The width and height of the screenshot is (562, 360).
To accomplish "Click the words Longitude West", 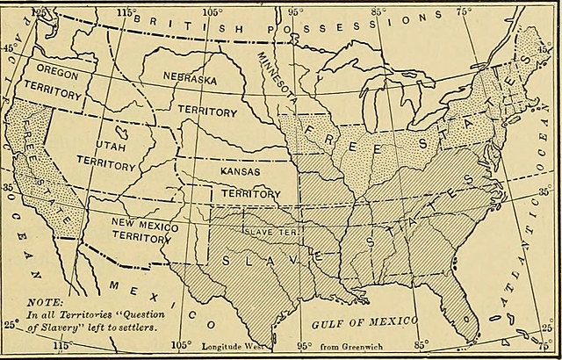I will tap(237, 346).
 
